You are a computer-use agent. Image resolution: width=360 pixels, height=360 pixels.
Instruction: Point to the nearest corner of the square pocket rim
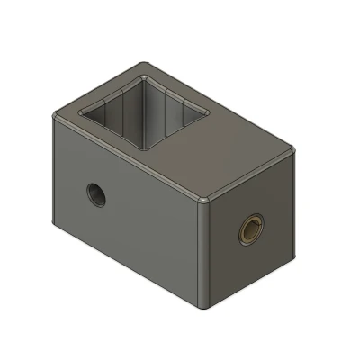(x=149, y=147)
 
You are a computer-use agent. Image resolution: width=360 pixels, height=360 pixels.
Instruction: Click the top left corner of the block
(x=56, y=115)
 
